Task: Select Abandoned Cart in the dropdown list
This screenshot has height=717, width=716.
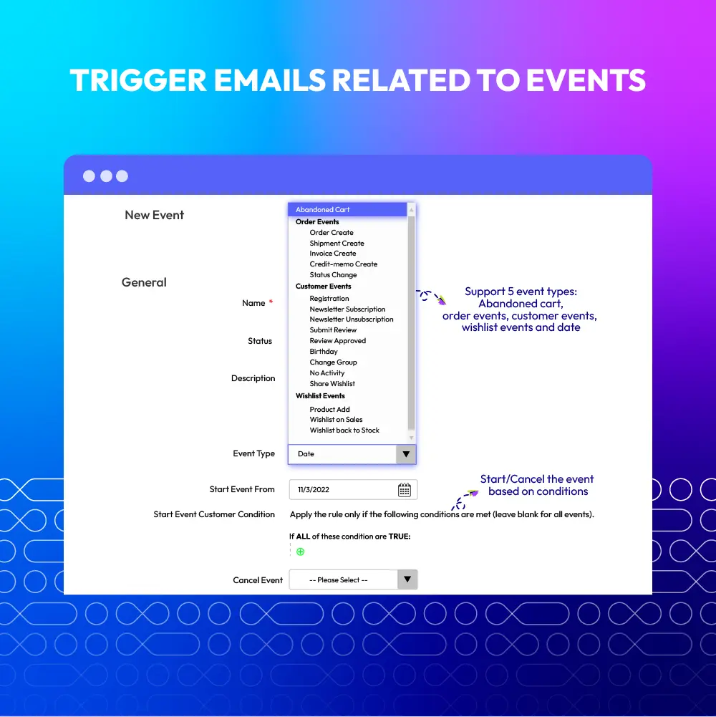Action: [x=322, y=209]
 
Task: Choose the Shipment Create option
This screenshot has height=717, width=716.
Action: [x=337, y=244]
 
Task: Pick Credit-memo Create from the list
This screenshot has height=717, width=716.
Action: [x=344, y=264]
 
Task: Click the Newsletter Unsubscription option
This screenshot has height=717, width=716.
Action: [x=351, y=319]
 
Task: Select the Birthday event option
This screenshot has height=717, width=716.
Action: [x=323, y=351]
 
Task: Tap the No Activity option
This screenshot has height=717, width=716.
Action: [x=327, y=372]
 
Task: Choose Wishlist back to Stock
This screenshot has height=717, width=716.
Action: [x=344, y=430]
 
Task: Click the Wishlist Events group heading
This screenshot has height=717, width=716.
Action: [x=320, y=395]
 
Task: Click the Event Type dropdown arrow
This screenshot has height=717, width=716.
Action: [x=406, y=454]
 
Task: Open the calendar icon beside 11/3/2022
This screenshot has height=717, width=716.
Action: [x=404, y=490]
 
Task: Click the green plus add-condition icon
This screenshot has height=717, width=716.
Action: [x=301, y=552]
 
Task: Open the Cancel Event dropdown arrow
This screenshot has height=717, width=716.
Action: [x=407, y=579]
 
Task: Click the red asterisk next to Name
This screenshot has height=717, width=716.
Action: [x=271, y=302]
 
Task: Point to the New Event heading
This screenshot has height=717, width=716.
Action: [x=154, y=215]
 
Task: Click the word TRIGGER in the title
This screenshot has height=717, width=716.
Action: [x=138, y=80]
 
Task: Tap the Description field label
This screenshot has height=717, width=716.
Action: [x=253, y=378]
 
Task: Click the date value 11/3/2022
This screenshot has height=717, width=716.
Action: [x=313, y=490]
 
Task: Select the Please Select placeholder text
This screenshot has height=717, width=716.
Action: [x=339, y=579]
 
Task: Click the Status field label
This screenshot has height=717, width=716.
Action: [x=260, y=341]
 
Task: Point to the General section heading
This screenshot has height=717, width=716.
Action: [x=144, y=282]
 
